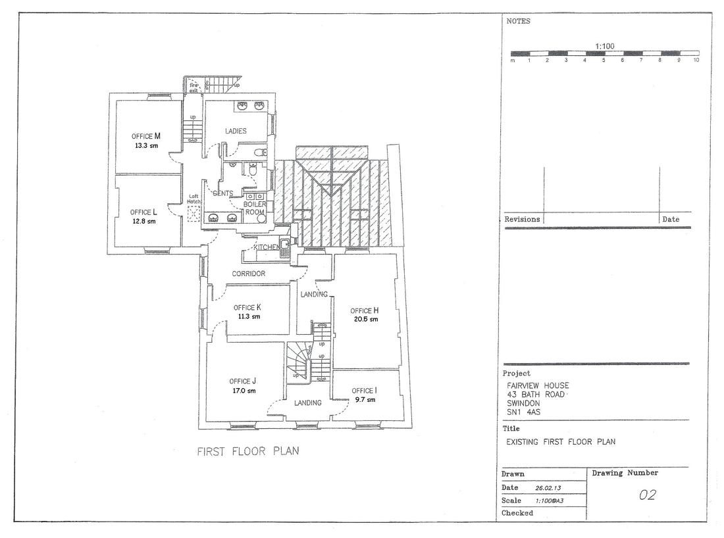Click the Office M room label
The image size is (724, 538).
pos(146,136)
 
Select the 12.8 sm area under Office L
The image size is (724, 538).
pos(144,221)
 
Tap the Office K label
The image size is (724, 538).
pos(247,307)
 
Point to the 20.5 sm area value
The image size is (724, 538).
pos(366,319)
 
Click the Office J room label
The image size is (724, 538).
pos(242,381)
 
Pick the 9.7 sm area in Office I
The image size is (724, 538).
pos(365,400)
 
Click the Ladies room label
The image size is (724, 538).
pos(236,131)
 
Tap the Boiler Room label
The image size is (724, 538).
pos(255,208)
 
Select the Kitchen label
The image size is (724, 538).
pos(267,247)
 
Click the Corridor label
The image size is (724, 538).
pos(248,274)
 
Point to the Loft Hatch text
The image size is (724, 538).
pos(194,199)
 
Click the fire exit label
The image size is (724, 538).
pos(194,87)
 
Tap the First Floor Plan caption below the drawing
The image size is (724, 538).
pos(248,451)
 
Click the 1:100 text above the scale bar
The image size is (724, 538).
pos(604,46)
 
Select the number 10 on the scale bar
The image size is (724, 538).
pos(696,60)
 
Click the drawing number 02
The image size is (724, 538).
pos(648,495)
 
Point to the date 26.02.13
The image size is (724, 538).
pos(548,488)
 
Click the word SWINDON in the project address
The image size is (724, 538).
pos(524,403)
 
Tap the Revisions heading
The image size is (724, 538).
pos(522,219)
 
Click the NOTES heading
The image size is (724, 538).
pos(518,21)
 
